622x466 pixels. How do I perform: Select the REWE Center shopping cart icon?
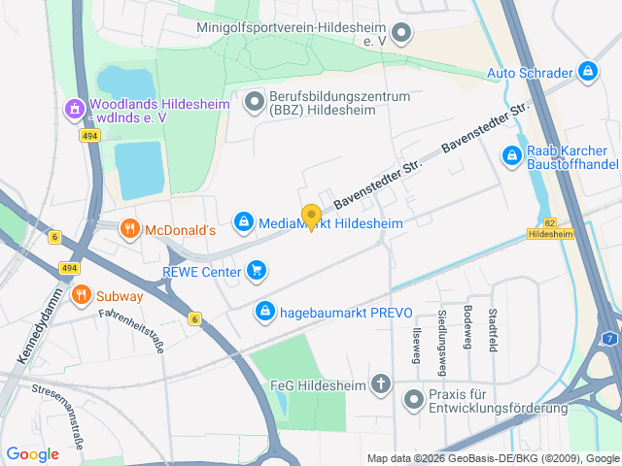257,270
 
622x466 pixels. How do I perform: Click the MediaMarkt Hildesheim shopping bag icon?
244,223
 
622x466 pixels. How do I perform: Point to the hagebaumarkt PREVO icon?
263,312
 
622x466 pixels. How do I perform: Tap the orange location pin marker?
311,216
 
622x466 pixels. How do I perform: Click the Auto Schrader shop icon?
586,72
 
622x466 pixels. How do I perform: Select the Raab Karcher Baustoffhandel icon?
511,154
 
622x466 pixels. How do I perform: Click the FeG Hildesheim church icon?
381,384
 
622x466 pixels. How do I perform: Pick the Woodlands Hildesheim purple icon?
74,111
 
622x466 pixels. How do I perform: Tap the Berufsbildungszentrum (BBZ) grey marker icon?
255,101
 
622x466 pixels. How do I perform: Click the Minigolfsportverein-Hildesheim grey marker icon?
400,35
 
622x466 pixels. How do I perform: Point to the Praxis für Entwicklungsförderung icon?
413,398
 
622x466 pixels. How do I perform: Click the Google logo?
32,453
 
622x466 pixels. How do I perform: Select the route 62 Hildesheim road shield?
550,229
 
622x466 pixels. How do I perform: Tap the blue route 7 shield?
608,338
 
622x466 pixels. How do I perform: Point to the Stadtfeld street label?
493,330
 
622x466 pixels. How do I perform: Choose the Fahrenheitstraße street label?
131,328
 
